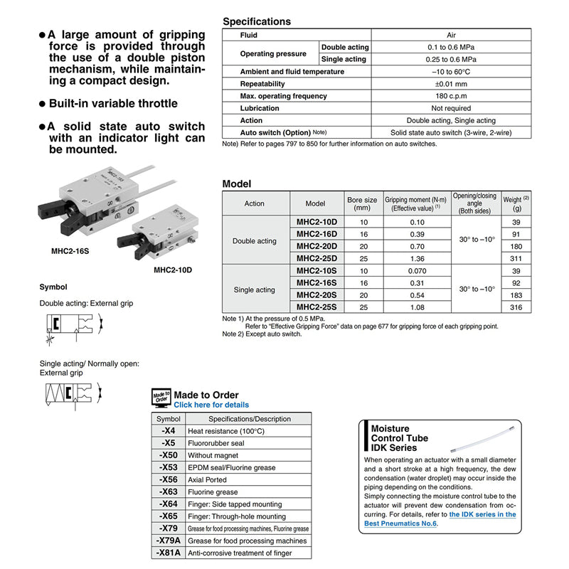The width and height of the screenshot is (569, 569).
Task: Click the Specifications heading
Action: [x=257, y=22]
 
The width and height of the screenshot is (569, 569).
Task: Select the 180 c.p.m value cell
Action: [x=451, y=96]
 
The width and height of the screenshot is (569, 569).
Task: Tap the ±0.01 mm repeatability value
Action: [x=451, y=84]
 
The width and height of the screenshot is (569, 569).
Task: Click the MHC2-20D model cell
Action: [x=317, y=246]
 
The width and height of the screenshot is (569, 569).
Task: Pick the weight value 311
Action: [x=516, y=258]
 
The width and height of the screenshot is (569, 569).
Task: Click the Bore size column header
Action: [x=361, y=203]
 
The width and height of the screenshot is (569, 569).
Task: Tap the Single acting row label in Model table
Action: [x=254, y=289]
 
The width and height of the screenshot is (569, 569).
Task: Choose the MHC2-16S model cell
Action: [x=317, y=283]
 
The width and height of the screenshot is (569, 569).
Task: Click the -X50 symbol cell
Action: [x=168, y=455]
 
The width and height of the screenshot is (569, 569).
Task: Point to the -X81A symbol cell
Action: [x=168, y=553]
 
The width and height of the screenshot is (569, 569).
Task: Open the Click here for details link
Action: [x=211, y=405]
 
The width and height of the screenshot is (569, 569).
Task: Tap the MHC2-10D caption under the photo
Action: [x=173, y=270]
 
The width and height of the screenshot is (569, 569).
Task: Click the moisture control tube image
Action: [x=481, y=440]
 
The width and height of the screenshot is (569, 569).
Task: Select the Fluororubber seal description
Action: [x=216, y=443]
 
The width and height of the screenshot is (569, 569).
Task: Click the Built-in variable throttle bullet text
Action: [x=113, y=103]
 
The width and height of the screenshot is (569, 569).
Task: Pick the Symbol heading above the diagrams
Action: [x=53, y=287]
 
